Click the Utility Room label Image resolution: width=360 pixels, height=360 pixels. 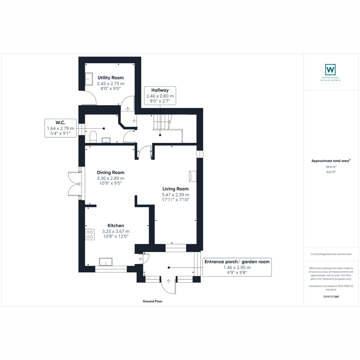coord(111,78)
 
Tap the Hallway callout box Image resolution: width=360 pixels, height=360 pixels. coord(160,96)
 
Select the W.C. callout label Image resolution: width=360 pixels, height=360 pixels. coord(60,128)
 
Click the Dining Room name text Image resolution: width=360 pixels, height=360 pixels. coord(110,172)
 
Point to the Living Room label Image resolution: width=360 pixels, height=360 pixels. coord(175,189)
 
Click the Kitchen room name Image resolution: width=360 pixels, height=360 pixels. coord(115,226)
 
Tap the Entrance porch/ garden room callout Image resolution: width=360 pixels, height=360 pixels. coord(237,267)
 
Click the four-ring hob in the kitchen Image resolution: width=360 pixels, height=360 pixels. coord(90,235)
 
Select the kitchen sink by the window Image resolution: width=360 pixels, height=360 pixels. coord(106,262)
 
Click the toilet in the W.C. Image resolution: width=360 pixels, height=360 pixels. coord(93,137)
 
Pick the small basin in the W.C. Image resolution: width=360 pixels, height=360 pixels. coord(106,140)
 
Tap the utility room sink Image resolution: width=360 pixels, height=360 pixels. coord(89,79)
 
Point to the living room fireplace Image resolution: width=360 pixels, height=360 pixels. coord(193,176)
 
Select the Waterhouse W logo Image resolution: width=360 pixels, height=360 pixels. coord(330,70)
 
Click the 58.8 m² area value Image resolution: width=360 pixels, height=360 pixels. coord(331,167)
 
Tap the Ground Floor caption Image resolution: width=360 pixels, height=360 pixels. coord(152,301)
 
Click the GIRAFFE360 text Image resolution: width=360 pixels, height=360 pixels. coord(331,296)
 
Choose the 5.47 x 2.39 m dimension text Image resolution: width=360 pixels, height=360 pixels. coord(175,195)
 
